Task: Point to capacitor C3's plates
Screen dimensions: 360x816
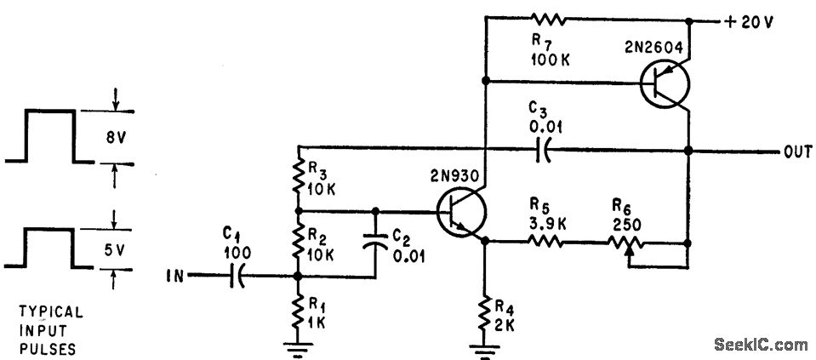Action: coord(541,154)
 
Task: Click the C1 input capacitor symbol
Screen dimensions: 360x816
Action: coord(237,275)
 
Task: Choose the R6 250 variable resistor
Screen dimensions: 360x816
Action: coord(626,243)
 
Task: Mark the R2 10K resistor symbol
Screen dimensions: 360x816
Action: coord(297,242)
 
